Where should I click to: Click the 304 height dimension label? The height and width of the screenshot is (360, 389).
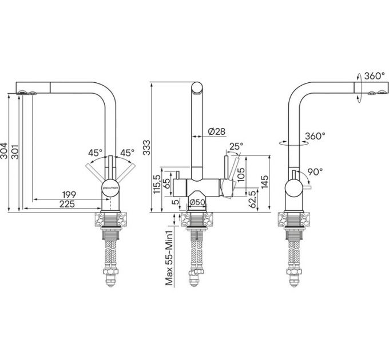click(6, 151)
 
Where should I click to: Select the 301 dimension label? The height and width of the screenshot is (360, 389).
click(17, 151)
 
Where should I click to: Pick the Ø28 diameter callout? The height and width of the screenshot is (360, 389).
click(216, 132)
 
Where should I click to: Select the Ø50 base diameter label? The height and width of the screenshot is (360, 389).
click(197, 201)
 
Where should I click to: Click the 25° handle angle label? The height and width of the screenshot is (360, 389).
click(235, 147)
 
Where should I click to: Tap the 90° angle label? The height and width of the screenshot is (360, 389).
click(315, 171)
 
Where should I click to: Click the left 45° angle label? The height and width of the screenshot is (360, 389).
click(95, 153)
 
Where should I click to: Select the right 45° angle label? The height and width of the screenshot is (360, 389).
click(126, 153)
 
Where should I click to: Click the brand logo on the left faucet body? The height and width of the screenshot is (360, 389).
click(110, 186)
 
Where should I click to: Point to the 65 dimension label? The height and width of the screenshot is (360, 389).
click(166, 183)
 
